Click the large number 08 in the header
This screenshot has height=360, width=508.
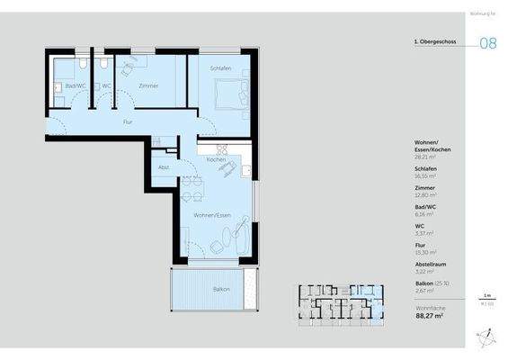tap(487, 42)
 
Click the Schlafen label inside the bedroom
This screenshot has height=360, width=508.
tap(220, 68)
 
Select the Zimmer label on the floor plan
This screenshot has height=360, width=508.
tap(148, 85)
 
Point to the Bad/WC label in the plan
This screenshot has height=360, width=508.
tap(75, 85)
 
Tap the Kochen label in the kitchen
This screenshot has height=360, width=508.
tap(216, 159)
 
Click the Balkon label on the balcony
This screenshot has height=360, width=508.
tap(221, 289)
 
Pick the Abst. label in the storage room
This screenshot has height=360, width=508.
tap(164, 167)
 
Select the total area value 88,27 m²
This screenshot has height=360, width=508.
tap(432, 316)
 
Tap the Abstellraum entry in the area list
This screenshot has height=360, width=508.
tap(432, 264)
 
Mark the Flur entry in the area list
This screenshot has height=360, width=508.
tap(419, 245)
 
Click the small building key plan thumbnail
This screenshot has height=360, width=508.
tap(341, 303)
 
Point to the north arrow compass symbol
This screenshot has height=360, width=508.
tap(486, 337)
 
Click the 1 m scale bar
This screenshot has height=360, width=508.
tap(486, 297)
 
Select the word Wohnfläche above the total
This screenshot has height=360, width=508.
tap(428, 307)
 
